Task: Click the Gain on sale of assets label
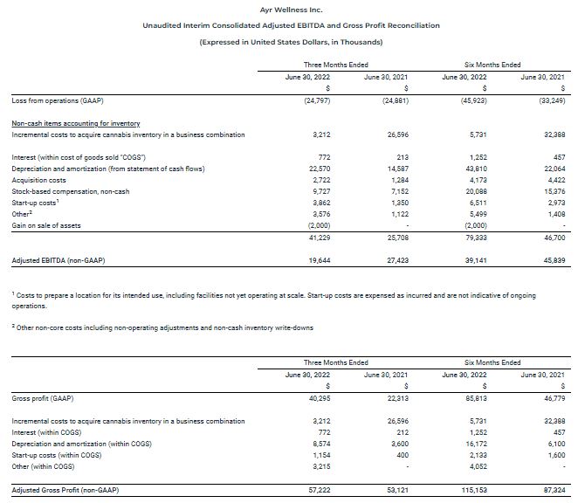click(46, 224)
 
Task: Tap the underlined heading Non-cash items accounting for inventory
click(76, 123)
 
